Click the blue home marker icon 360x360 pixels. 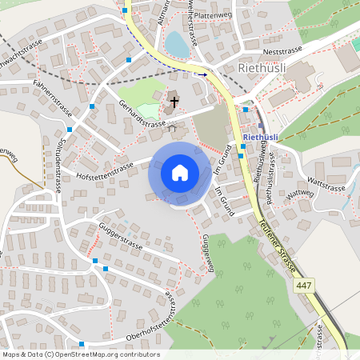click(x=179, y=173)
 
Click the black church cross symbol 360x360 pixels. click(x=174, y=102)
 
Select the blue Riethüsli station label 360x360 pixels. click(x=259, y=138)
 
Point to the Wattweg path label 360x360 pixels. click(x=299, y=193)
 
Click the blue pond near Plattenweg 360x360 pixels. click(x=177, y=45)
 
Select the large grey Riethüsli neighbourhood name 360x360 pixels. click(x=262, y=68)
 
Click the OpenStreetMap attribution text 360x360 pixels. click(x=80, y=354)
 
